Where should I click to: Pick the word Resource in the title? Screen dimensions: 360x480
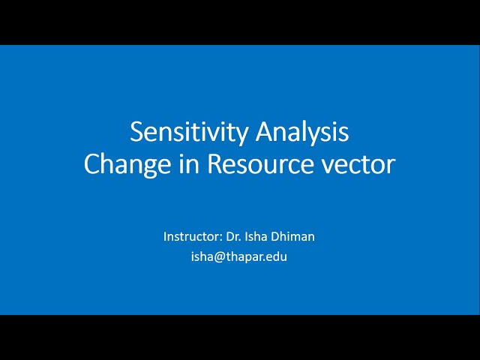tap(259, 163)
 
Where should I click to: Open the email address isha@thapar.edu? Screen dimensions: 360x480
tap(239, 256)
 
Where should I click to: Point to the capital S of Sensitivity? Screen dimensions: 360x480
tap(137, 132)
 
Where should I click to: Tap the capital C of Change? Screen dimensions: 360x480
tap(93, 163)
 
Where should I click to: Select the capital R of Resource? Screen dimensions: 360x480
tap(215, 163)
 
